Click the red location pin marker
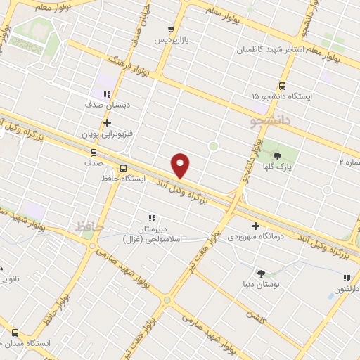click(181, 165)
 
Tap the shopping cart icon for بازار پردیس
click(171, 30)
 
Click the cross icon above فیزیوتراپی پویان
click(107, 122)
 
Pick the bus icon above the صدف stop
click(94, 151)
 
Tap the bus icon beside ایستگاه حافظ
click(124, 168)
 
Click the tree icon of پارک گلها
click(278, 155)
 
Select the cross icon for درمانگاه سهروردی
click(256, 226)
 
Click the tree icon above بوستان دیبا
click(262, 272)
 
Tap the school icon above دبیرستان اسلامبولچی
click(151, 219)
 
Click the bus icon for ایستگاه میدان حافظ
click(14, 331)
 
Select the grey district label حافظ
click(84, 226)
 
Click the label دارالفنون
click(345, 288)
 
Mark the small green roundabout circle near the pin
click(213, 146)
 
